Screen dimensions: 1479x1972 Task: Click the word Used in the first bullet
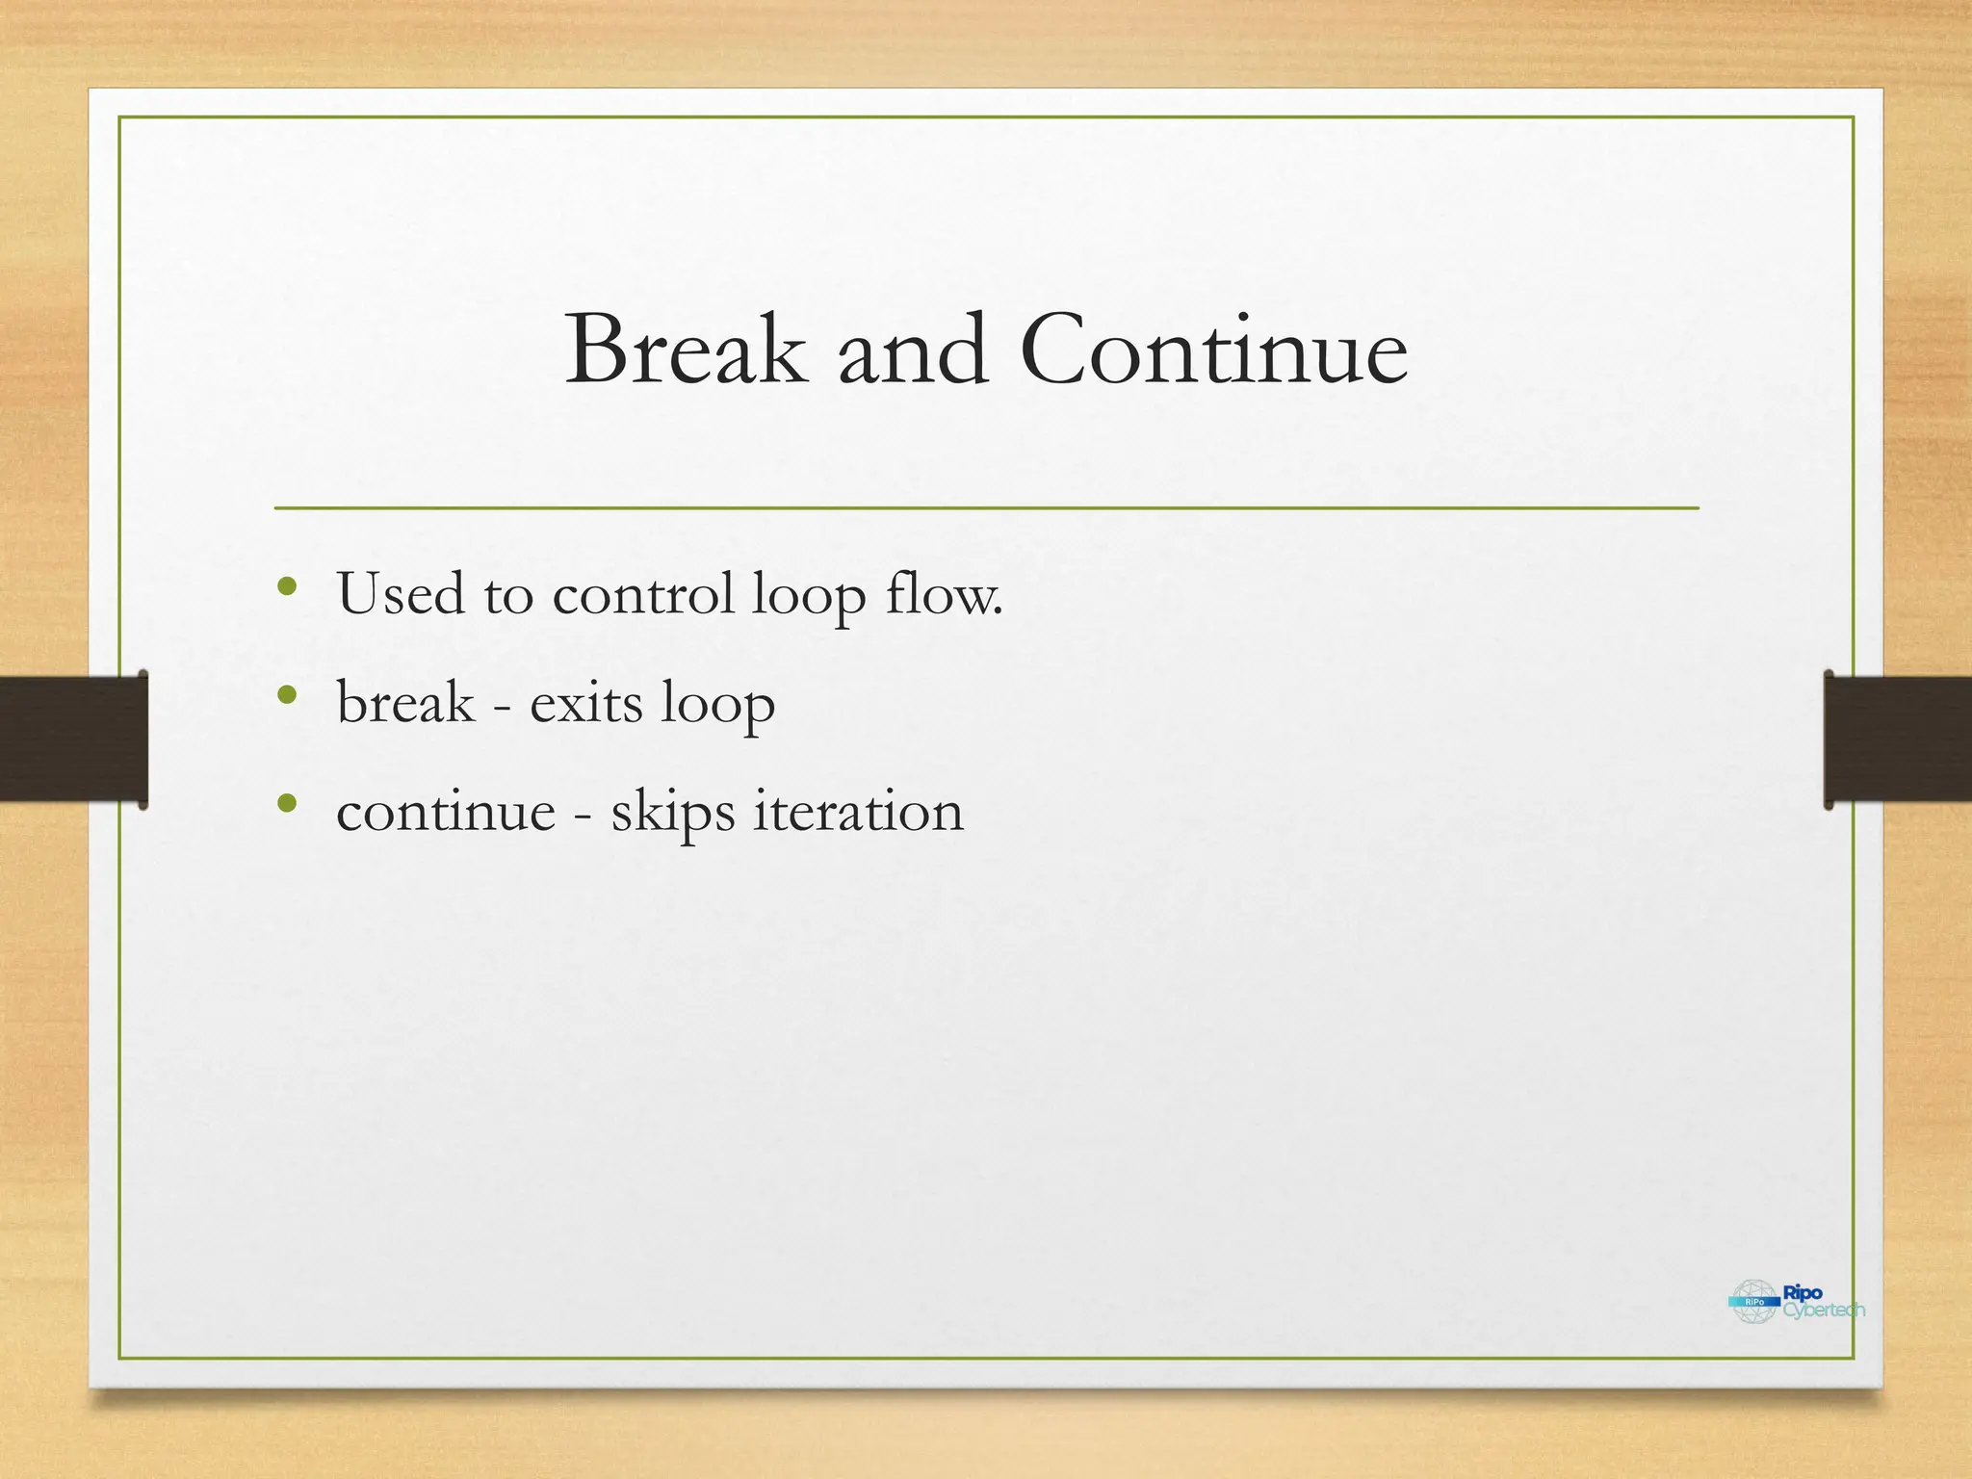point(400,593)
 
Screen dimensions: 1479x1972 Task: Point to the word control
point(643,593)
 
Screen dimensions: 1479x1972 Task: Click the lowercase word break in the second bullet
point(405,702)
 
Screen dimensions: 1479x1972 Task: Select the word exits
point(585,702)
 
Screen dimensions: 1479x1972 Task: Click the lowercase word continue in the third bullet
point(446,811)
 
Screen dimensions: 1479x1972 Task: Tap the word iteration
point(857,811)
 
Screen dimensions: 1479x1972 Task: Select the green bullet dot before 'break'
point(286,694)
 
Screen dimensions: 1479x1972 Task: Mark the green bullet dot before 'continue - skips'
point(286,803)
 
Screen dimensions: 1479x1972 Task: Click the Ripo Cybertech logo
point(1796,1302)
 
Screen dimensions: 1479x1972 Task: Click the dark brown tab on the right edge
point(1897,739)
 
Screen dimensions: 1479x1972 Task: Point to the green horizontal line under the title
point(986,507)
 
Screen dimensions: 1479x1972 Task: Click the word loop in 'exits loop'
point(717,704)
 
